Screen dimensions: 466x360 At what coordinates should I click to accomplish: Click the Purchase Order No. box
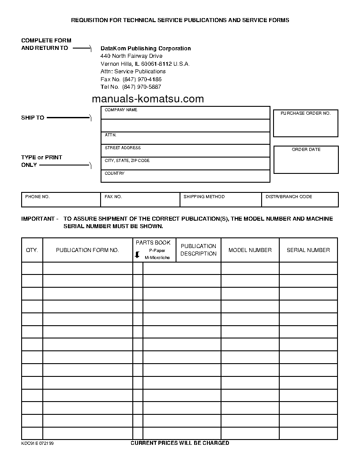pos(306,124)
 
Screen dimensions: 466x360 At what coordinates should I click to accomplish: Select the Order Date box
pos(306,160)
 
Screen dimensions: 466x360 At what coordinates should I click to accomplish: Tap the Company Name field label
pos(121,110)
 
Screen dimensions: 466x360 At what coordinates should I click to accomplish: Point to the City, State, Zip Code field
pos(185,164)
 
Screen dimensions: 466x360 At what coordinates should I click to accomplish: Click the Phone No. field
pos(61,200)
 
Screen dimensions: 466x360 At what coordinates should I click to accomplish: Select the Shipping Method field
pos(221,200)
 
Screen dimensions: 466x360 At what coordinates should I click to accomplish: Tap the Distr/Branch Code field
pos(300,200)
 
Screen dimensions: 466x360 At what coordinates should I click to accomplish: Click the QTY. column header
pos(32,250)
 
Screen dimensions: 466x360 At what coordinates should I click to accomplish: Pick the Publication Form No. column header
pos(87,250)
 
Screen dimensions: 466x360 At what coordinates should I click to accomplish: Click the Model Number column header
pos(250,250)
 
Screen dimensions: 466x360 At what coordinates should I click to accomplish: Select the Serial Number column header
pos(308,250)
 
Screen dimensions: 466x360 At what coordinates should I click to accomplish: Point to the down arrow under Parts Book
pos(137,255)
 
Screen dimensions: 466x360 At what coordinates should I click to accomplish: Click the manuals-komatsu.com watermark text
pos(148,99)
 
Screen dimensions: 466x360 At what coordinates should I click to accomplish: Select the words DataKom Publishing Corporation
pos(146,49)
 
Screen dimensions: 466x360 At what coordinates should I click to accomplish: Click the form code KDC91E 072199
pos(37,443)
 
